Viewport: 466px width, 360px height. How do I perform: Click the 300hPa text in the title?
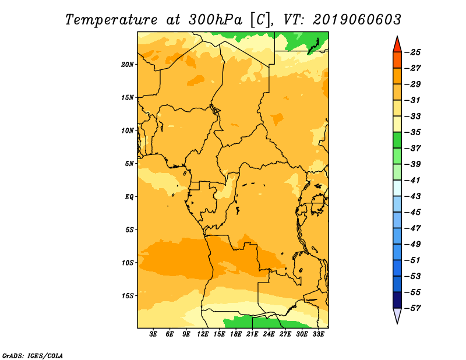point(216,20)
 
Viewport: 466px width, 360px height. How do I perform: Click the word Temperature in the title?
point(111,20)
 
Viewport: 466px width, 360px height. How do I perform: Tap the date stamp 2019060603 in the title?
point(357,20)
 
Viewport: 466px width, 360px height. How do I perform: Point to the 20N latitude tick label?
point(128,65)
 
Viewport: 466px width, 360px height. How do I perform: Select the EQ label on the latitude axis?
point(129,197)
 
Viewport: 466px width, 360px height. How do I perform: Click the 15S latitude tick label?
point(128,296)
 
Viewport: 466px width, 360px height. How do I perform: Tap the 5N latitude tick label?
point(129,164)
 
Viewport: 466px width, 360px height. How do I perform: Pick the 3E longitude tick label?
point(153,334)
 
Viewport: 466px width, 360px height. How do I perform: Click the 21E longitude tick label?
point(252,334)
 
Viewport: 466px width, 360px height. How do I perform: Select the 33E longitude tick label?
point(319,334)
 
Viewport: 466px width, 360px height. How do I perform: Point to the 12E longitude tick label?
point(203,334)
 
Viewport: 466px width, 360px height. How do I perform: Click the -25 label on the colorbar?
point(413,52)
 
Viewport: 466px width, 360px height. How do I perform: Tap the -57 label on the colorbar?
point(413,308)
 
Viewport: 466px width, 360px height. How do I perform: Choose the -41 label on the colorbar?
point(413,181)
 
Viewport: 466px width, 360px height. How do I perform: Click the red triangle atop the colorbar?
point(397,45)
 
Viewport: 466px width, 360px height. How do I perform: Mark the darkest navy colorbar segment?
point(397,300)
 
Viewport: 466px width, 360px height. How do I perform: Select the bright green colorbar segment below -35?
point(397,140)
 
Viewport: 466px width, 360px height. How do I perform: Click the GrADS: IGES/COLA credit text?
point(33,355)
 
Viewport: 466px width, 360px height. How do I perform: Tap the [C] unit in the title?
point(260,20)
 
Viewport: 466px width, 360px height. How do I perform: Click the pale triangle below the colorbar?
point(397,316)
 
